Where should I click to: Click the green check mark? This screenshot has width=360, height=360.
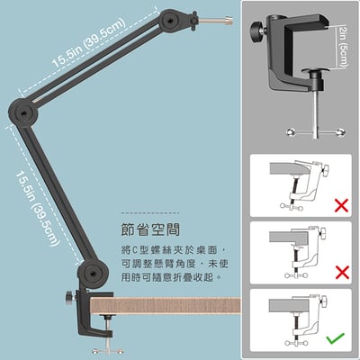(x=336, y=338)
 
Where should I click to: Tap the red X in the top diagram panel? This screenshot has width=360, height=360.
(x=341, y=205)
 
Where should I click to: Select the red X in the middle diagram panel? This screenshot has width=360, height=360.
(x=342, y=272)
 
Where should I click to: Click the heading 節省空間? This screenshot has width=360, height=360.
(x=150, y=229)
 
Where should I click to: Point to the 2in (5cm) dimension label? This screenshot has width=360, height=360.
(x=343, y=46)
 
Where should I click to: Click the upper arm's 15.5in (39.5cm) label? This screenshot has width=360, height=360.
(x=88, y=42)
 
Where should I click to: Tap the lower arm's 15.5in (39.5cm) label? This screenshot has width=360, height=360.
(x=36, y=208)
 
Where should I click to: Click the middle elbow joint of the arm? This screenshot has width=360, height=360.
(x=23, y=112)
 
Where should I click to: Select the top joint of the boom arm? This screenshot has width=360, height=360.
(x=169, y=20)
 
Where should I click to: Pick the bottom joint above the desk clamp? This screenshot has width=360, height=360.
(x=92, y=274)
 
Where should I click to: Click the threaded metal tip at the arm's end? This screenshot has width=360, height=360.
(x=215, y=21)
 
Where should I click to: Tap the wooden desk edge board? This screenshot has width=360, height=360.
(x=166, y=305)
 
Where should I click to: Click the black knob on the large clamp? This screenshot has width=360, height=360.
(x=256, y=30)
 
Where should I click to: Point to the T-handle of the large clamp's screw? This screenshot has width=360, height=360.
(x=315, y=132)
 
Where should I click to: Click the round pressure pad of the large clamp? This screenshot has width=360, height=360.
(x=316, y=70)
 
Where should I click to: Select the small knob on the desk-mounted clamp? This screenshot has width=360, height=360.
(x=69, y=297)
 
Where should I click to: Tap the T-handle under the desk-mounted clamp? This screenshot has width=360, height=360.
(x=108, y=349)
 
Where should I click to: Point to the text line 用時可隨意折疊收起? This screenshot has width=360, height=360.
(x=171, y=277)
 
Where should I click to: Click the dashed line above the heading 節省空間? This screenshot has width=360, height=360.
(x=150, y=213)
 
